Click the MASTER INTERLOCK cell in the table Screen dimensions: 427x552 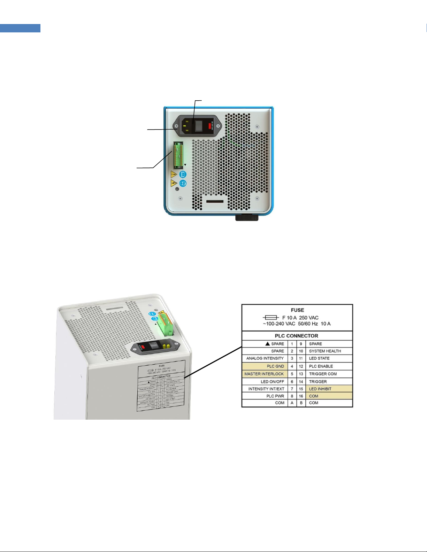pos(264,374)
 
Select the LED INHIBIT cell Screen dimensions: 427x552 pos(320,389)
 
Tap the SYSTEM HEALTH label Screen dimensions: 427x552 pos(325,351)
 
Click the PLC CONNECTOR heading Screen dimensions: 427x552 pos(297,336)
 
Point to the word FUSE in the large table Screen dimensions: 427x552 pos(297,310)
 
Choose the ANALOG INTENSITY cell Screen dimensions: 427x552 pos(265,358)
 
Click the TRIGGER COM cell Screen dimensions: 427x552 pos(323,374)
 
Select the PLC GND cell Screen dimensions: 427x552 pos(275,366)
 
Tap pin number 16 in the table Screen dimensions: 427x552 pos(301,396)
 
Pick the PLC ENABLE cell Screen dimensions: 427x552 pos(321,366)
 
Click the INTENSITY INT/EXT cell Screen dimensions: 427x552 pos(266,389)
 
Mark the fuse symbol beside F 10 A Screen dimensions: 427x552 pos(270,318)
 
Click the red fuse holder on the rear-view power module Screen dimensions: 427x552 pos(210,126)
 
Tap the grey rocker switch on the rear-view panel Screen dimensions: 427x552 pos(198,126)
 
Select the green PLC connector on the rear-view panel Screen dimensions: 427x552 pos(178,155)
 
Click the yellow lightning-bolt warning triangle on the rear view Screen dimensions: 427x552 pos(174,183)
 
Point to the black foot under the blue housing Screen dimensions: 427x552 pos(247,218)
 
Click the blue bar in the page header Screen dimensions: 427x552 pos(20,28)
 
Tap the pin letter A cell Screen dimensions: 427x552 pos(292,403)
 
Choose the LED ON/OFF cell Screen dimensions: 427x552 pos(272,382)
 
